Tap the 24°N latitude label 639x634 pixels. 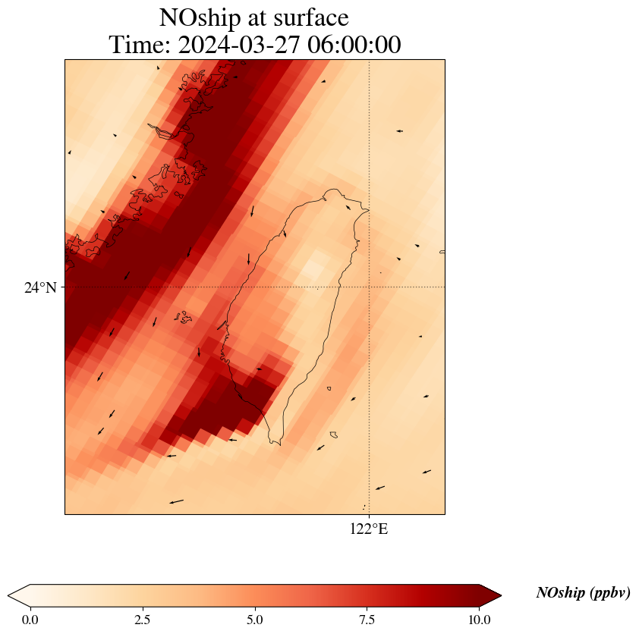(40, 287)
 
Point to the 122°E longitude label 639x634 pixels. (369, 529)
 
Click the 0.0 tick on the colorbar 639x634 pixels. (30, 620)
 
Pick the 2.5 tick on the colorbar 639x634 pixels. (143, 620)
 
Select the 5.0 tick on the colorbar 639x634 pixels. (255, 620)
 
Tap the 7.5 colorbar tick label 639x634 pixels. (367, 620)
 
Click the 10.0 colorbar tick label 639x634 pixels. (480, 620)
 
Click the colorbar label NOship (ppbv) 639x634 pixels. (583, 593)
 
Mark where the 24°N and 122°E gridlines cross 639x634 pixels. (369, 287)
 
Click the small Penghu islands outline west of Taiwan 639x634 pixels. (183, 316)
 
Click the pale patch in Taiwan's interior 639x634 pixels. (311, 271)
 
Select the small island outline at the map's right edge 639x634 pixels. (442, 252)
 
